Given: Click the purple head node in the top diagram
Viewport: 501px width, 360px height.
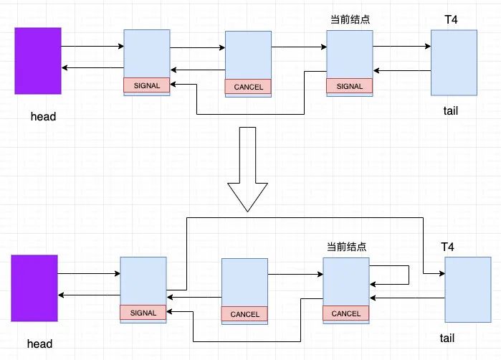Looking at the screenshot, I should coord(38,61).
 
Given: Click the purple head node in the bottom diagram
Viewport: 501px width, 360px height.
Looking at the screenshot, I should coord(34,288).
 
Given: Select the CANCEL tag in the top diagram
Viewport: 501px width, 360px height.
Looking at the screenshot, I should coord(249,87).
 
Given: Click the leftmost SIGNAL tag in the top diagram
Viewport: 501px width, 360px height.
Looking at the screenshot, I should coord(147,85).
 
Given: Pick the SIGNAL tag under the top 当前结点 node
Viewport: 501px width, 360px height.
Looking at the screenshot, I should coord(350,86).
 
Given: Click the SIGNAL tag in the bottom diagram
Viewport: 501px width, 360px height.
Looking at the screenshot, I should coord(143,313).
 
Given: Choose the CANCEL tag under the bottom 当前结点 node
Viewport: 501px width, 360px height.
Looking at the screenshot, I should coord(346,313).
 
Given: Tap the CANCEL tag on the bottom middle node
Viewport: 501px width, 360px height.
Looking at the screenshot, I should coord(245,314).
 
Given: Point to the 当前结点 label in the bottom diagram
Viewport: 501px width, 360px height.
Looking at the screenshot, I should coord(345,247).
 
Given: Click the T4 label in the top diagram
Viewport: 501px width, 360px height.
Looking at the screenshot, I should coord(451,19).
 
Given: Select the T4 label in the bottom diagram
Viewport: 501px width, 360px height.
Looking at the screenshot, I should coord(447,247).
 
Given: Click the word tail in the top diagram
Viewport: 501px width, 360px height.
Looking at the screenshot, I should coord(451,110).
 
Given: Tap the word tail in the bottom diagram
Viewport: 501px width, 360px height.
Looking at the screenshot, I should coord(447,338).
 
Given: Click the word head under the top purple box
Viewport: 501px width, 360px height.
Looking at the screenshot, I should coord(43,116).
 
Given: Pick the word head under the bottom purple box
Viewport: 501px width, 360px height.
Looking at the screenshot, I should coord(40,344).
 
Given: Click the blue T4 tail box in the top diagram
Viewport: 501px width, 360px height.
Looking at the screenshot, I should coord(454,62).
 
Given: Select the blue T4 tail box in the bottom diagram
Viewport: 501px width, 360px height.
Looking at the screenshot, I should coord(468,290).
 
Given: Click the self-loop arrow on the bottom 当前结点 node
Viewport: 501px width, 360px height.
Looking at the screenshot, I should coord(407,275).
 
